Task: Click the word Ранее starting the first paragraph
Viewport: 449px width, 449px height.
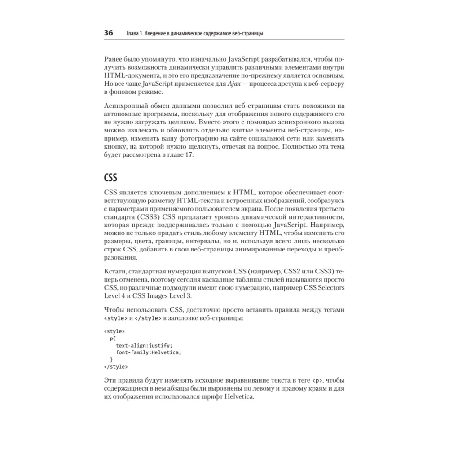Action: coord(115,59)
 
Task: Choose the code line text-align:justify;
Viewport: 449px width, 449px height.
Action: coord(144,345)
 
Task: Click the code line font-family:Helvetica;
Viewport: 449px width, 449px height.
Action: coord(148,352)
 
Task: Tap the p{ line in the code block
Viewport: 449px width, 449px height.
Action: coord(113,338)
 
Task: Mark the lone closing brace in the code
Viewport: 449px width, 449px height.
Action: coord(111,360)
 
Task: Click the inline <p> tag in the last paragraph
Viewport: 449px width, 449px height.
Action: coord(317,381)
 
